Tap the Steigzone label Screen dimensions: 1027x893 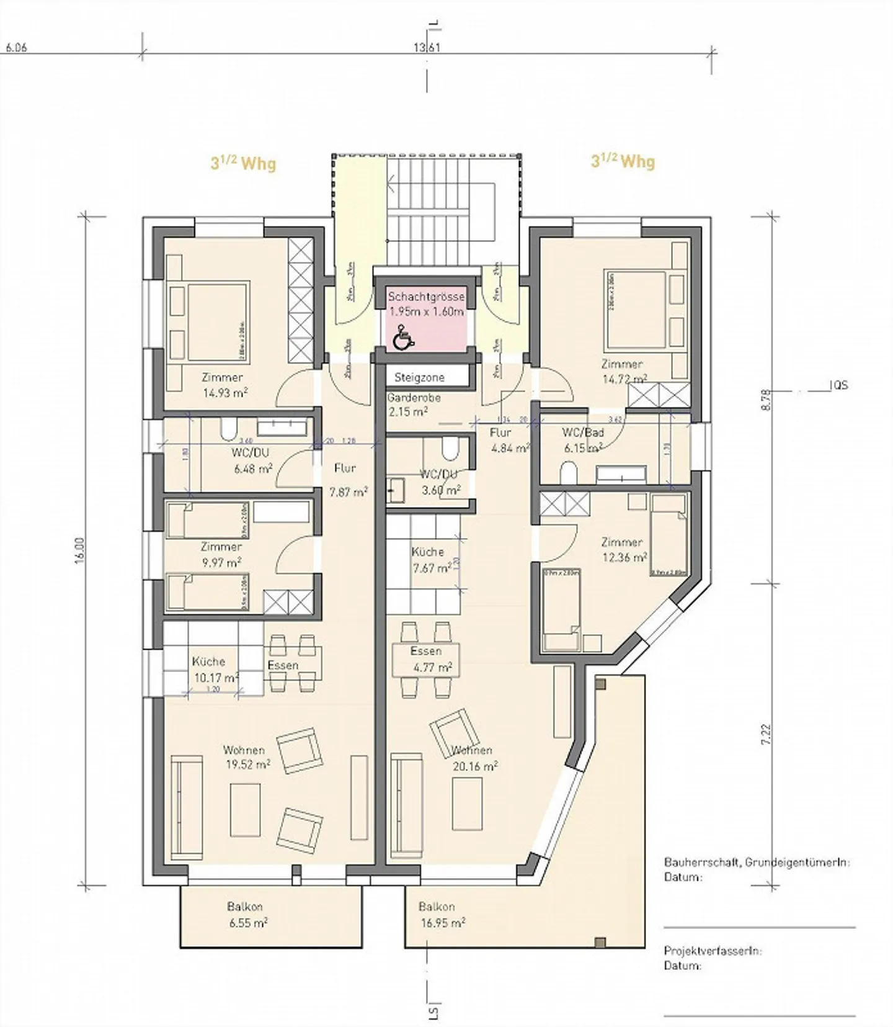[x=419, y=377]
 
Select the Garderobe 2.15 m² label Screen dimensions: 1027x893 [x=414, y=405]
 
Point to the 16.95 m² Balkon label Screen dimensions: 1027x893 [x=442, y=915]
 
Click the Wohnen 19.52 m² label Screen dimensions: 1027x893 [x=246, y=758]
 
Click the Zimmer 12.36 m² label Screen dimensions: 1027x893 [x=623, y=550]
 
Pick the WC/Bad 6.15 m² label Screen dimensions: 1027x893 [x=582, y=440]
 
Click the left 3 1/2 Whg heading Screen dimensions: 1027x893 [x=243, y=163]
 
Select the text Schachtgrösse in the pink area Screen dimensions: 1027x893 [x=426, y=297]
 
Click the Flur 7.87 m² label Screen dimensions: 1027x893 [x=347, y=480]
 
